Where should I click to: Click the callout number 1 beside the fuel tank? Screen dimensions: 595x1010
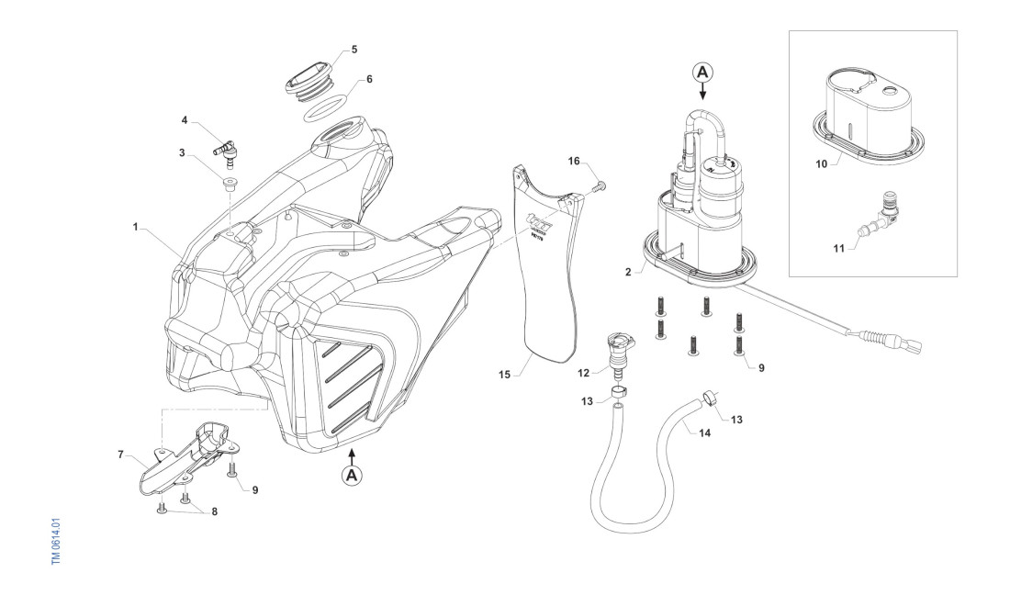(135, 225)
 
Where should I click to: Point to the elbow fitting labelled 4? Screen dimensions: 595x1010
(224, 145)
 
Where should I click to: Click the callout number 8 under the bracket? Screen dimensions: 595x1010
(214, 511)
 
